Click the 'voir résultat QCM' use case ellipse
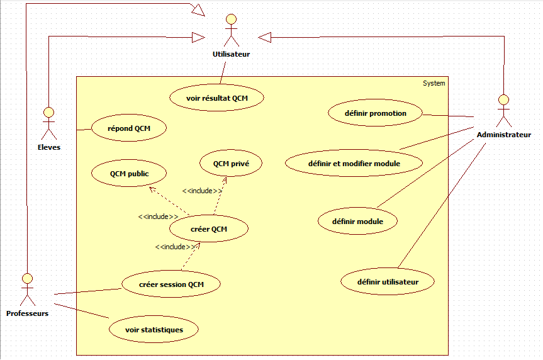[x=217, y=98]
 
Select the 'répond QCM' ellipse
[x=129, y=128]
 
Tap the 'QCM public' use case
[x=129, y=173]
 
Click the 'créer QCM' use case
[x=209, y=229]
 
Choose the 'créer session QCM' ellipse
[x=171, y=284]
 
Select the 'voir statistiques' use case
[x=154, y=329]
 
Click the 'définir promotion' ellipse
[x=376, y=113]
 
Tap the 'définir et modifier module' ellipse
[x=354, y=164]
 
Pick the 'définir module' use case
[x=358, y=221]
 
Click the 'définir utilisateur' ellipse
[x=388, y=282]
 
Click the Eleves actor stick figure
[x=48, y=123]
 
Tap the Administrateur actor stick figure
[x=503, y=111]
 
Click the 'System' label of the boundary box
[x=434, y=83]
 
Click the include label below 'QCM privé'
[x=202, y=191]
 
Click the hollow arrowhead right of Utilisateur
[x=264, y=38]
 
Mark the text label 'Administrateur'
[x=503, y=135]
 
